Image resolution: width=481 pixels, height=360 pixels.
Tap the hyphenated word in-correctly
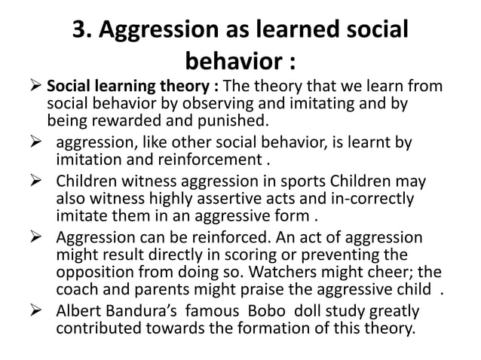(x=370, y=199)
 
